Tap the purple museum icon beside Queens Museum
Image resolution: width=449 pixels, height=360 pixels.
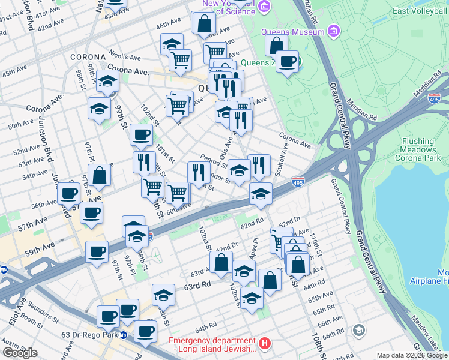pyautogui.click(x=334, y=31)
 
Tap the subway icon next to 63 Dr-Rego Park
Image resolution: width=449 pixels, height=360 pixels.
pyautogui.click(x=124, y=335)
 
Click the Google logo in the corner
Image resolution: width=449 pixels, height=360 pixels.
pyautogui.click(x=20, y=353)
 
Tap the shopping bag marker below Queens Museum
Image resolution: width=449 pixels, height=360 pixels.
pyautogui.click(x=276, y=45)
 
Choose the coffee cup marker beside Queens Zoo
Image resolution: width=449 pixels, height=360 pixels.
pyautogui.click(x=288, y=61)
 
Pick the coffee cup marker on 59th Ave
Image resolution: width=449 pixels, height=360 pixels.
pyautogui.click(x=97, y=252)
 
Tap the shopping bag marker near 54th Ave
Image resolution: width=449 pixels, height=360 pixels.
pyautogui.click(x=100, y=176)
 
